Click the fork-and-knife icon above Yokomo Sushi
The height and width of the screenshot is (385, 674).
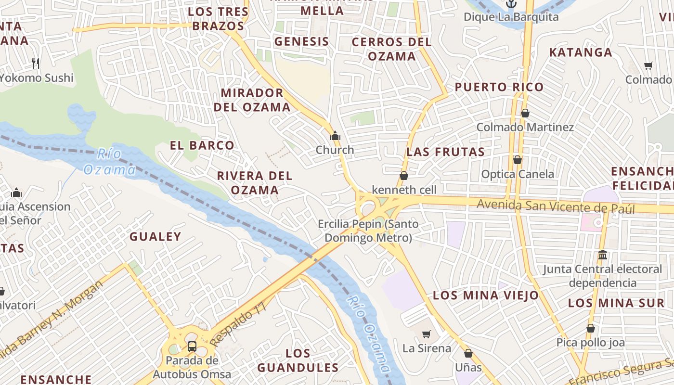[x=35, y=63]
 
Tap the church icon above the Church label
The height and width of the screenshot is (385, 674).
[x=335, y=136]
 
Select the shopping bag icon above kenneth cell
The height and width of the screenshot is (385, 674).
[x=404, y=176]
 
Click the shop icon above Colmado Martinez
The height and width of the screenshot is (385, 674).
[x=525, y=113]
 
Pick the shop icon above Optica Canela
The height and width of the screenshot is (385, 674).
[x=518, y=160]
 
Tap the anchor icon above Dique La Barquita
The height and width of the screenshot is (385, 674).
[x=511, y=4]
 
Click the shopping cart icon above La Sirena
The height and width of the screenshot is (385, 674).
[x=426, y=334]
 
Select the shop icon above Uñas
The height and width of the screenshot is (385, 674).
[x=468, y=354]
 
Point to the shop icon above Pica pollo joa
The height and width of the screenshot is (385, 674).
[x=591, y=328]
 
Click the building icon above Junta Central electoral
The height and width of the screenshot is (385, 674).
[x=602, y=255]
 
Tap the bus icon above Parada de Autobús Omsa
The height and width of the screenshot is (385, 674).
[x=192, y=346]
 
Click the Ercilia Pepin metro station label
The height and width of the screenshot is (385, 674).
[x=368, y=231]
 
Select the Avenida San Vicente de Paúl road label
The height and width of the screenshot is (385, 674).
[x=556, y=207]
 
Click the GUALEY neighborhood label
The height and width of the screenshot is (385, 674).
[x=155, y=236]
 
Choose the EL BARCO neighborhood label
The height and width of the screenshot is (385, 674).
[x=202, y=145]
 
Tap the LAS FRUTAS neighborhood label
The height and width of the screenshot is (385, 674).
[x=445, y=152]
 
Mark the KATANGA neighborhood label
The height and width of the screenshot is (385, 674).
[x=581, y=52]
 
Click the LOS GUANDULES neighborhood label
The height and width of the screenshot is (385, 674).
[x=298, y=361]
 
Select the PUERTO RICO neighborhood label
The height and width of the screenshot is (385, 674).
[x=499, y=87]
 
